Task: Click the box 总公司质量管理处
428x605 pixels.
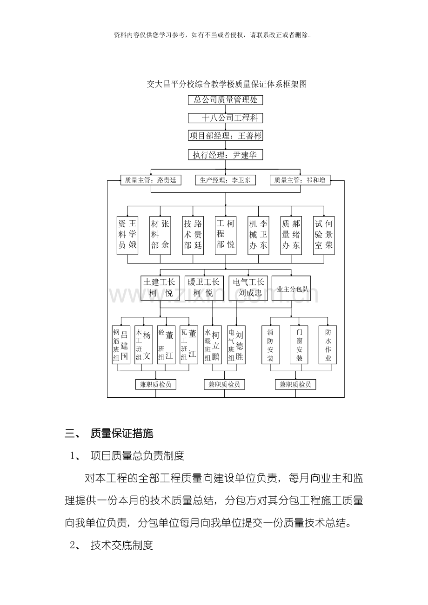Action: pyautogui.click(x=225, y=100)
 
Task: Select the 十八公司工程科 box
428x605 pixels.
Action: pyautogui.click(x=225, y=118)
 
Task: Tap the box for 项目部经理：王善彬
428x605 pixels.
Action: pyautogui.click(x=225, y=136)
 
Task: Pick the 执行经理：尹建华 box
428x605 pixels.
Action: pyautogui.click(x=225, y=155)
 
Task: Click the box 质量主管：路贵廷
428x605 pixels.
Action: pyautogui.click(x=151, y=180)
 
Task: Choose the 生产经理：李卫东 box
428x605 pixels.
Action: pyautogui.click(x=225, y=180)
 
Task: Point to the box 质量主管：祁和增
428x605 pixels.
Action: pyautogui.click(x=300, y=180)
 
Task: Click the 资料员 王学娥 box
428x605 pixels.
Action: pyautogui.click(x=127, y=235)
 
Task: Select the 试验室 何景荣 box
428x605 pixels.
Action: pyautogui.click(x=324, y=235)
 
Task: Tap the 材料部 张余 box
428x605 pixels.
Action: pyautogui.click(x=160, y=235)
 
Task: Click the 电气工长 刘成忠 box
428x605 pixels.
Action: pyautogui.click(x=248, y=288)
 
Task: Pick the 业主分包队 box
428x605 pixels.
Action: pyautogui.click(x=291, y=288)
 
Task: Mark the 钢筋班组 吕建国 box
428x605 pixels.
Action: pyautogui.click(x=121, y=345)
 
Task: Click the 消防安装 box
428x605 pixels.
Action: pyautogui.click(x=271, y=345)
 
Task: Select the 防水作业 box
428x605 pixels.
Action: pyautogui.click(x=328, y=345)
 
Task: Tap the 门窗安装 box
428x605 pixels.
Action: pyautogui.click(x=299, y=345)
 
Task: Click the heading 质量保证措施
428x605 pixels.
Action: pyautogui.click(x=122, y=433)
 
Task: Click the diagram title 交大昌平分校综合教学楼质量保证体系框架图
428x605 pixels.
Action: pyautogui.click(x=227, y=84)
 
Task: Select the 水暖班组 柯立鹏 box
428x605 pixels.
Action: pyautogui.click(x=213, y=345)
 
